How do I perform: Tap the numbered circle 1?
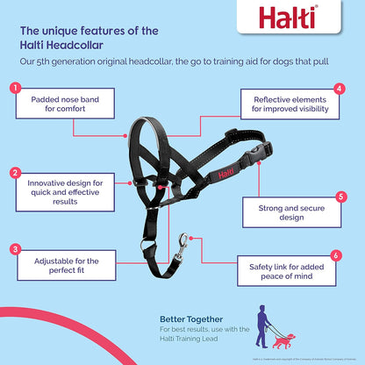coord(16,88)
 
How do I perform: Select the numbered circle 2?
coord(16,173)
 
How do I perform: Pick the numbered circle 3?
coord(16,248)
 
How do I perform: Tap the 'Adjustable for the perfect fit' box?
coord(67,266)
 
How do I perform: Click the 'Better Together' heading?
coord(190,318)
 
